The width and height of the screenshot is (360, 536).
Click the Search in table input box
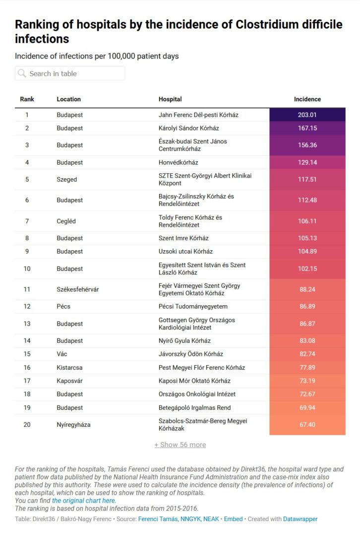point(70,73)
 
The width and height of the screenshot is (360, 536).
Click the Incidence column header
point(307,99)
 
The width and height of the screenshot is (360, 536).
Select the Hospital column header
point(170,99)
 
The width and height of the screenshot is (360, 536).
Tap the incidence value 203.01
point(307,115)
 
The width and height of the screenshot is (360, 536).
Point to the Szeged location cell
point(67,180)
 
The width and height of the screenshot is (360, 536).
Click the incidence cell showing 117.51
point(307,180)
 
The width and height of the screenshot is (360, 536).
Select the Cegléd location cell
point(66,221)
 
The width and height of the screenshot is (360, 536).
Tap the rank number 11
point(27,289)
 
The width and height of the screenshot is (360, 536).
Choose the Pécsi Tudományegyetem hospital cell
point(193,307)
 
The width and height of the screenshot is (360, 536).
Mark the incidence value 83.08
point(307,341)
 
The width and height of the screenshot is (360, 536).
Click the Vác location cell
point(62,354)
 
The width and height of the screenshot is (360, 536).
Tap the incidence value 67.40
point(307,425)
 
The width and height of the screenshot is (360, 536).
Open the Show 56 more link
point(180,445)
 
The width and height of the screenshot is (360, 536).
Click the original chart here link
point(84,501)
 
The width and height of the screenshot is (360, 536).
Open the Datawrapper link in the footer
point(300,519)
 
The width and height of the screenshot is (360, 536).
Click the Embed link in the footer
point(233,519)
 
